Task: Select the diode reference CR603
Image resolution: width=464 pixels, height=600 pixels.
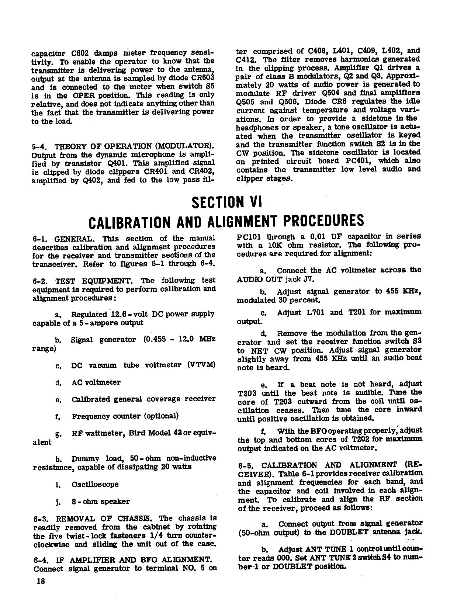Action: [x=202, y=78]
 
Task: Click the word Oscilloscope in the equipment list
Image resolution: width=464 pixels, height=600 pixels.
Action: [x=95, y=484]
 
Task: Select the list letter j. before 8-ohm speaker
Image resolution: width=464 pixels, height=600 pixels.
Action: [x=58, y=502]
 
